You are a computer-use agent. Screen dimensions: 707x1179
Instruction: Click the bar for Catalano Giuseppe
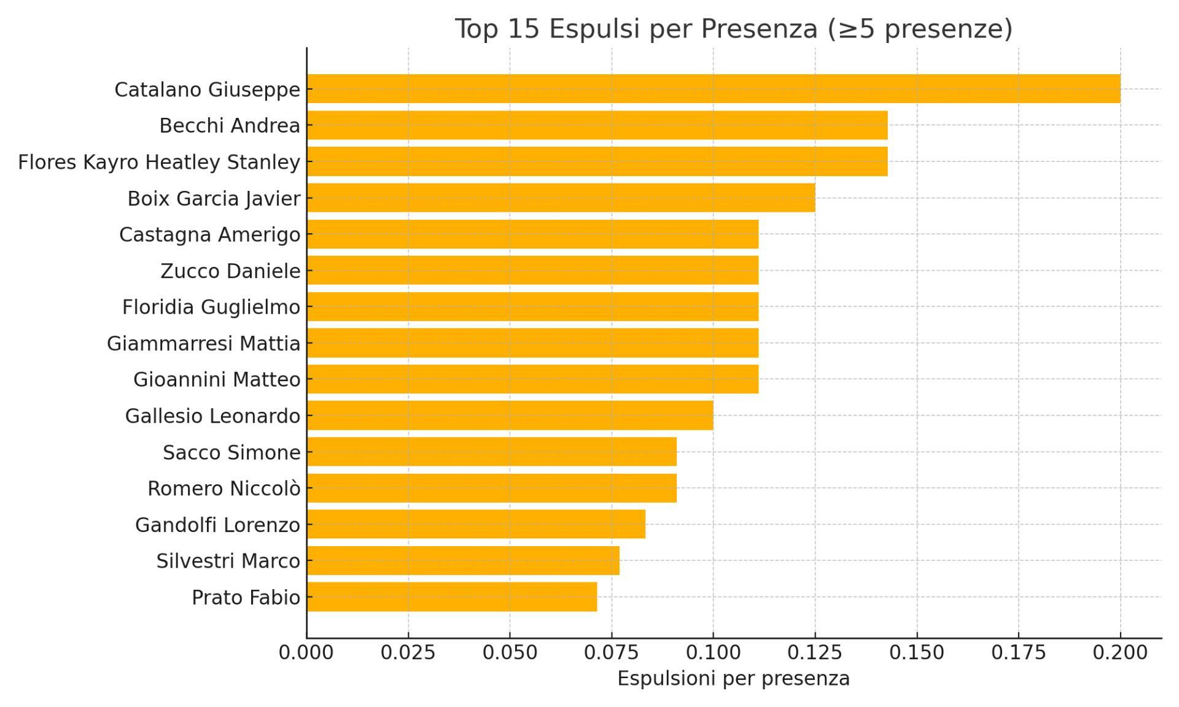point(713,89)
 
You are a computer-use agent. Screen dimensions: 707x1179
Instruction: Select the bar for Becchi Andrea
point(597,125)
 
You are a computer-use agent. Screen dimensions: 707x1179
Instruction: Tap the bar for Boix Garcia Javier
point(561,198)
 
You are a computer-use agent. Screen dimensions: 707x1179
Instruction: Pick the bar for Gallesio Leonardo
point(510,415)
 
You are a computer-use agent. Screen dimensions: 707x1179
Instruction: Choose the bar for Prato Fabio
point(451,597)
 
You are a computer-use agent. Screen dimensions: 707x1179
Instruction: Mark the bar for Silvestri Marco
point(463,561)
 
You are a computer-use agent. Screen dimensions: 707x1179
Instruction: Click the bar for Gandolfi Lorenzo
point(476,525)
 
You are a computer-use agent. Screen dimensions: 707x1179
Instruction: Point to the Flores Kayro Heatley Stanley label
point(159,162)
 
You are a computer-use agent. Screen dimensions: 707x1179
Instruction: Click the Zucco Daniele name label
point(230,271)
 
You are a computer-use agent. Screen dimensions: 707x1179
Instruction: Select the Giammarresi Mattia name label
point(203,343)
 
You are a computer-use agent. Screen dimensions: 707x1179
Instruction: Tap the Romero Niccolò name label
point(224,489)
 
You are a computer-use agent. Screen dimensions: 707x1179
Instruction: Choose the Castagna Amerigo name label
point(209,234)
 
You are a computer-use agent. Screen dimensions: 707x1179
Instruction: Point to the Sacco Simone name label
point(232,452)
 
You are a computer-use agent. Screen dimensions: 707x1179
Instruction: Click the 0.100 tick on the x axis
point(713,652)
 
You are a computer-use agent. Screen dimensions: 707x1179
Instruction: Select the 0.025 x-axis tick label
point(408,652)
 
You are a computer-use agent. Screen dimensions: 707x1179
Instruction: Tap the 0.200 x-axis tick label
point(1119,652)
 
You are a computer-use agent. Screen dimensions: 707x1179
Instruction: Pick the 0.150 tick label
point(916,652)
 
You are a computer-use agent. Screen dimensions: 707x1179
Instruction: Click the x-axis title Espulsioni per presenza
point(733,678)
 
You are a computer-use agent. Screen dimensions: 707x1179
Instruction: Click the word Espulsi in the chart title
point(594,29)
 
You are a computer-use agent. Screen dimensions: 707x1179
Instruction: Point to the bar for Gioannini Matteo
point(532,379)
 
